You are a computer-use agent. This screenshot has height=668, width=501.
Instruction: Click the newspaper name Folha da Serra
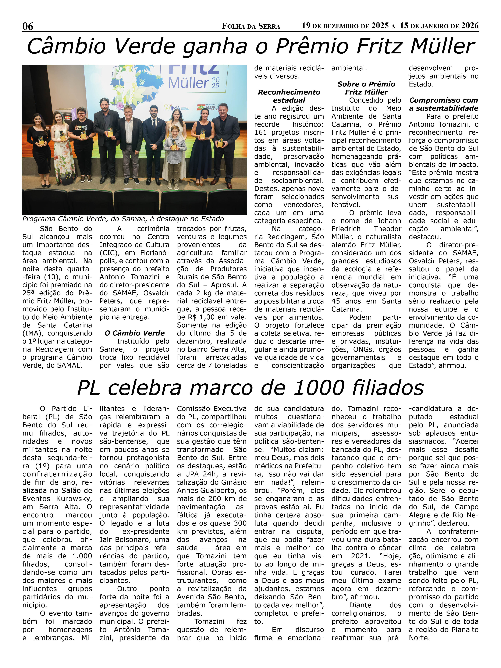coord(251,26)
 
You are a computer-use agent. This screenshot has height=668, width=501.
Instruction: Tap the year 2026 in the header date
coord(470,26)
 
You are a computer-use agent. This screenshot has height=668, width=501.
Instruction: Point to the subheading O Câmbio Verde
coord(134,333)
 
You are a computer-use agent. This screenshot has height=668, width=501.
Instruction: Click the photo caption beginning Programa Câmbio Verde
coord(123,219)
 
